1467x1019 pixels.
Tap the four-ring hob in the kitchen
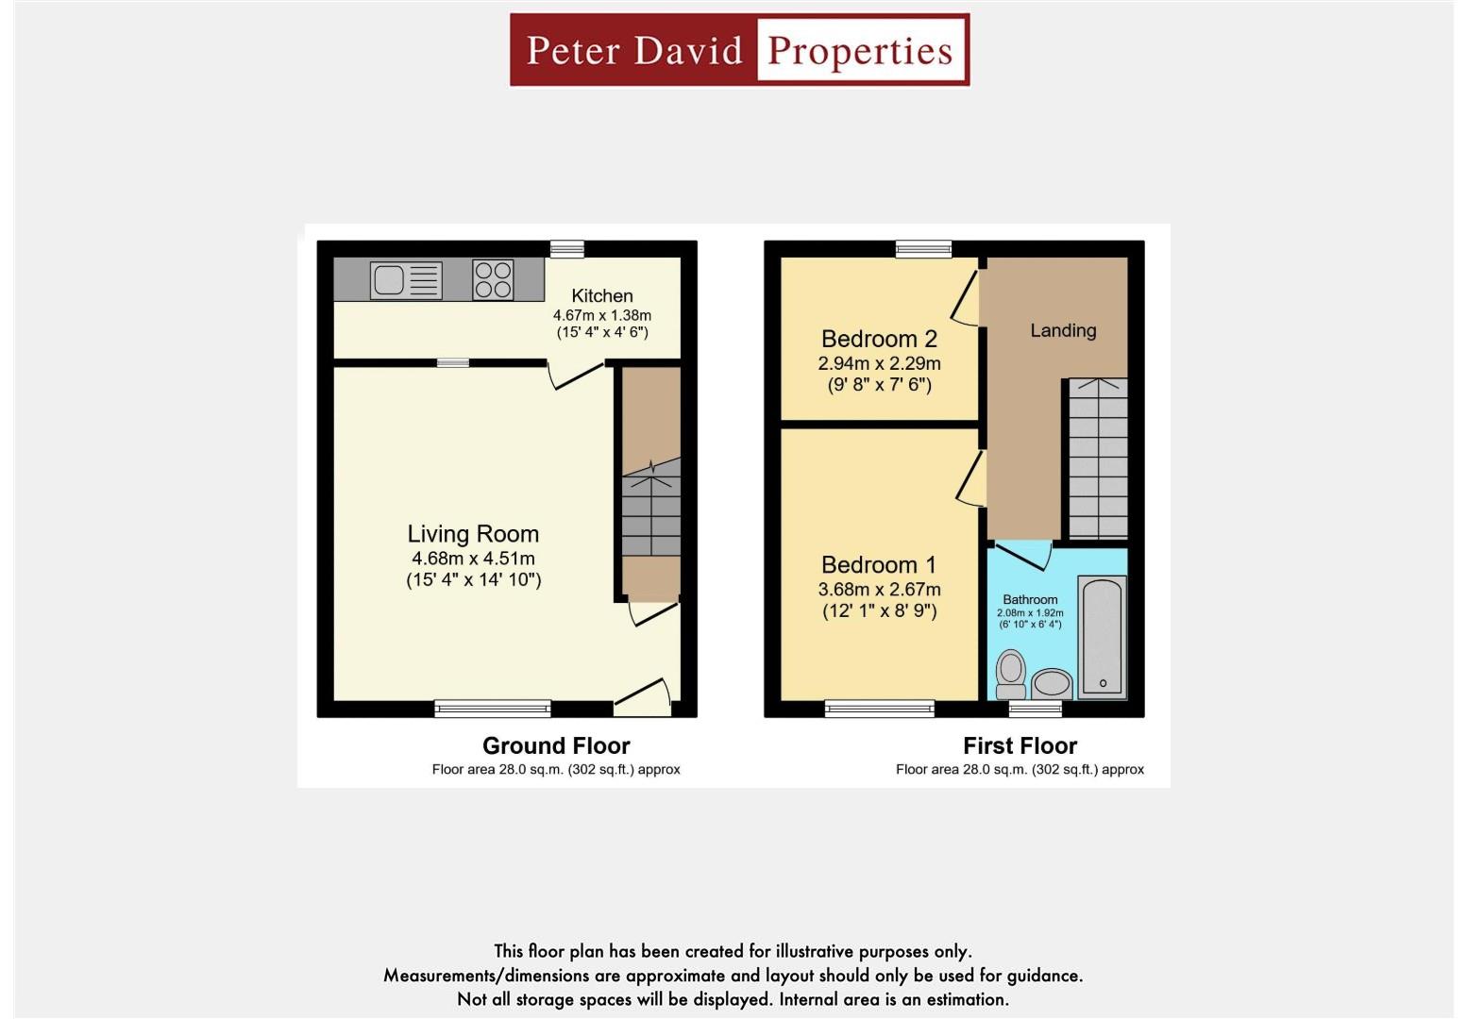click(493, 280)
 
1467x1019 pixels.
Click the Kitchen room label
click(601, 296)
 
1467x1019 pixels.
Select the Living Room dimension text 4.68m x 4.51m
click(473, 559)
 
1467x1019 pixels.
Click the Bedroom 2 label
click(879, 339)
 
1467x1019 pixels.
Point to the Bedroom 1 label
click(879, 565)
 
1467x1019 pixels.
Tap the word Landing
click(1063, 331)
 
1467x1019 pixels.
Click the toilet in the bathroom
click(1011, 675)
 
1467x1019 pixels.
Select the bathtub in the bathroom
click(1102, 639)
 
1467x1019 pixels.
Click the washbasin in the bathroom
click(1051, 683)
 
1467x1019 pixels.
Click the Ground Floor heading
click(556, 746)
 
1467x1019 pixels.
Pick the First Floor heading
click(1020, 746)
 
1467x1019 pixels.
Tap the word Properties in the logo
click(860, 51)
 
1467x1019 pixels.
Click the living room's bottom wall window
click(493, 708)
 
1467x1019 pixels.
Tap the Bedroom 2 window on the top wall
click(923, 249)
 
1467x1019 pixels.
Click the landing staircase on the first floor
click(1097, 459)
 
